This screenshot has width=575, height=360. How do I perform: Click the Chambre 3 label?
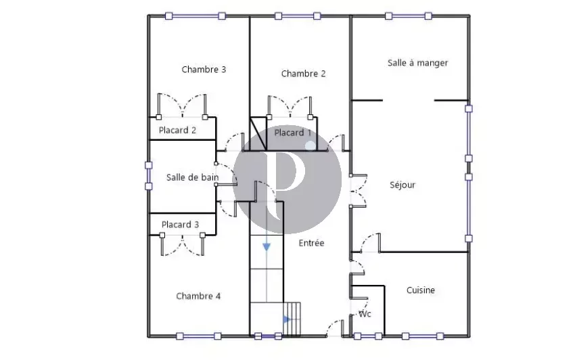(x=204, y=69)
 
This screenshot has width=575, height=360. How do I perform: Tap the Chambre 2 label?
(x=303, y=74)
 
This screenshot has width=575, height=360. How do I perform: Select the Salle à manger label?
(x=417, y=63)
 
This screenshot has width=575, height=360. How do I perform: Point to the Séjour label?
(x=402, y=184)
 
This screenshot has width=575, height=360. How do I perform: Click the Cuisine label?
(x=420, y=290)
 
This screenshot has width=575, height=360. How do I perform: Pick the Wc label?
(x=365, y=314)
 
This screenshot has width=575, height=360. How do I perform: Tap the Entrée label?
(x=311, y=242)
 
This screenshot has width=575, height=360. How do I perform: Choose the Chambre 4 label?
(x=198, y=296)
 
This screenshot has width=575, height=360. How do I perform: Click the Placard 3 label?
(x=180, y=225)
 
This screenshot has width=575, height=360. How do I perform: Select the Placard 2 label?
(x=177, y=130)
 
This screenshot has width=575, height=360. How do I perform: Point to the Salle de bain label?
(x=193, y=177)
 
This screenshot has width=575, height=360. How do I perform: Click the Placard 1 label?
(x=293, y=133)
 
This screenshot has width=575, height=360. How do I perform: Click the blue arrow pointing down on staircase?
(x=267, y=246)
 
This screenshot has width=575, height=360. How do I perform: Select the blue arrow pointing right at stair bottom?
(x=286, y=319)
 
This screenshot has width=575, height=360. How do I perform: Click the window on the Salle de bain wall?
(x=149, y=175)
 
